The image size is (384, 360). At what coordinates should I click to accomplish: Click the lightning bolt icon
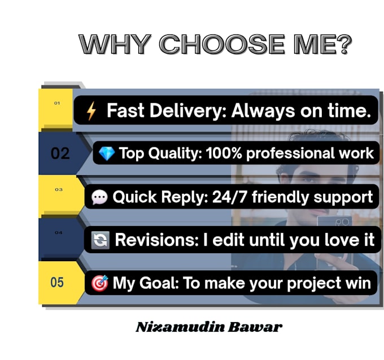click(91, 111)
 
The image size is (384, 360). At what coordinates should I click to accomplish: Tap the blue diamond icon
click(107, 154)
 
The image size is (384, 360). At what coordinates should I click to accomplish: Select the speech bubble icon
click(99, 197)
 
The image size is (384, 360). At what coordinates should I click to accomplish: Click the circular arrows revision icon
click(100, 240)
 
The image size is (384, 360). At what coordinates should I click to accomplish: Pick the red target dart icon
click(100, 283)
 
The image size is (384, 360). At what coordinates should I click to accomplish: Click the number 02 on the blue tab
click(60, 154)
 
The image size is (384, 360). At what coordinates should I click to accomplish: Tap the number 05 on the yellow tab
click(57, 283)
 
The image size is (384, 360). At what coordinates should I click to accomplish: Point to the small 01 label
click(57, 103)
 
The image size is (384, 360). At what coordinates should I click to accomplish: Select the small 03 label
click(59, 189)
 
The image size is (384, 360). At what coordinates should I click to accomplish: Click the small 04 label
click(59, 232)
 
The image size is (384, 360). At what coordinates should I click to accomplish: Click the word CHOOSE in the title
click(222, 44)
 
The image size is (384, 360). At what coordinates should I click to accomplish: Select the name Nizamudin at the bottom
click(180, 327)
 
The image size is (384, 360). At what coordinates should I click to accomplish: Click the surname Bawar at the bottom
click(255, 327)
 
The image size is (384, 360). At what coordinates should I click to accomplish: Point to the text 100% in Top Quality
click(224, 153)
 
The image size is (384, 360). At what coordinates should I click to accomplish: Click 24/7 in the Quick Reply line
click(230, 197)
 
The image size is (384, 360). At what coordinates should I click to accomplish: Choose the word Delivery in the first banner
click(186, 111)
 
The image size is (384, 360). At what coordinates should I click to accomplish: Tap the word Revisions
click(157, 240)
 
